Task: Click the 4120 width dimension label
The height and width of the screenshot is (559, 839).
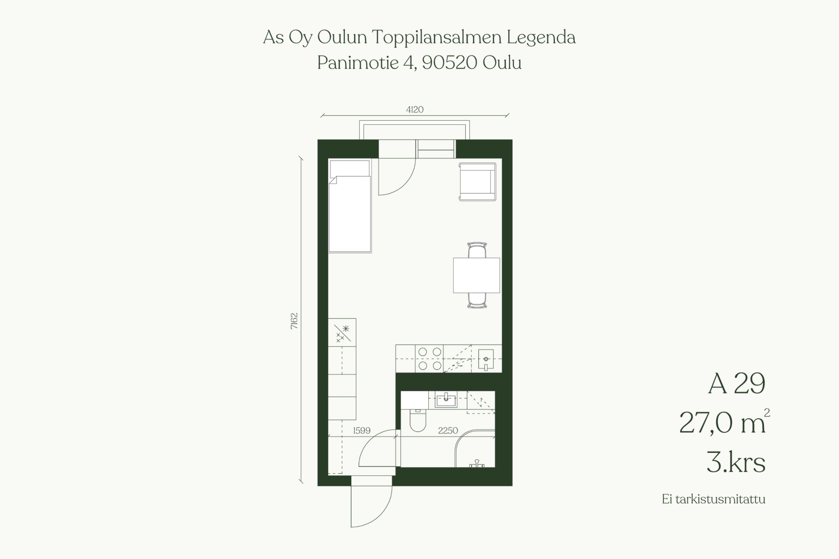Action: [x=415, y=110]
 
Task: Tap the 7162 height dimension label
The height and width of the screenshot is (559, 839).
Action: [x=294, y=321]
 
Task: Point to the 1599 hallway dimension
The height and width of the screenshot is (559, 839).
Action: [x=362, y=431]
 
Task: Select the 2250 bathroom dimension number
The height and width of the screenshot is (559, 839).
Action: [x=448, y=431]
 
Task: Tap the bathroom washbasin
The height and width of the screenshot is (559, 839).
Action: [x=446, y=399]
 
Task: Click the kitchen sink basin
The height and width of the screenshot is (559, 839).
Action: [x=486, y=359]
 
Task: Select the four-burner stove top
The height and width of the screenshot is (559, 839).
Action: [x=430, y=358]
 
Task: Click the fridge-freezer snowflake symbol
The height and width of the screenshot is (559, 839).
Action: [x=346, y=328]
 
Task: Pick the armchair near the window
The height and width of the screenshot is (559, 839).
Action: [x=478, y=182]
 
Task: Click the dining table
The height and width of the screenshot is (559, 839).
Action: [x=476, y=275]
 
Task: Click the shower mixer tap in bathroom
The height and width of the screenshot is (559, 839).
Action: [x=477, y=463]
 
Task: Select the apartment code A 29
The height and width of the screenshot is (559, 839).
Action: [x=737, y=384]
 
